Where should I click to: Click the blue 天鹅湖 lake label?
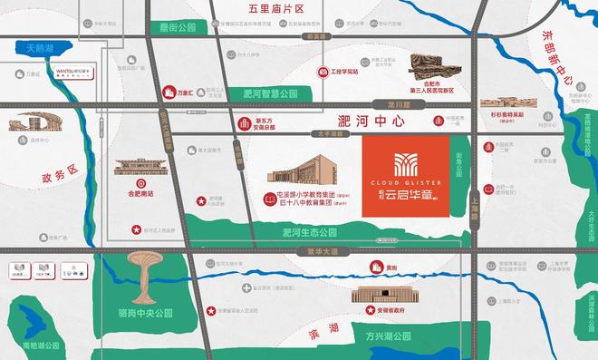[40, 46]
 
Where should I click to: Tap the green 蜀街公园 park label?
[174, 27]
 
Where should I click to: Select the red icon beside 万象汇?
[167, 92]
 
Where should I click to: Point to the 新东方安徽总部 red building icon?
[243, 124]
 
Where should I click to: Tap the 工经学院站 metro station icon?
[321, 71]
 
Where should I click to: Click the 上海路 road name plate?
[474, 208]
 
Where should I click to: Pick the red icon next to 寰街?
[376, 267]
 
